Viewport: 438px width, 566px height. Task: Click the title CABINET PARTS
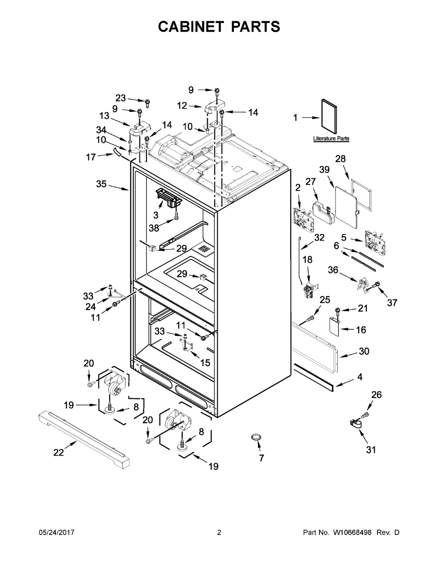(x=219, y=27)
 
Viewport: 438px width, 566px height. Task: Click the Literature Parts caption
(x=331, y=139)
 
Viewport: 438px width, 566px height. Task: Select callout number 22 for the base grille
(x=58, y=452)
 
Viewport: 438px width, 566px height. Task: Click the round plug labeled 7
(x=256, y=438)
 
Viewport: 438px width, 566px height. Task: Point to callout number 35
(x=102, y=184)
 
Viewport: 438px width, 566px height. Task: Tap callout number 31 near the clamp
(x=371, y=449)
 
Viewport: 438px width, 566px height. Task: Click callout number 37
(x=392, y=302)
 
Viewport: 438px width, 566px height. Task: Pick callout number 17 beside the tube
(x=91, y=158)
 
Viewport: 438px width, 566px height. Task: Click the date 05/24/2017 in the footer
(x=56, y=533)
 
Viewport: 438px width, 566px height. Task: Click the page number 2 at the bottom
(x=219, y=533)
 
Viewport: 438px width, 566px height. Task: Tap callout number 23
(x=121, y=98)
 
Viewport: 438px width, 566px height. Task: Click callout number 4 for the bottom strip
(x=360, y=377)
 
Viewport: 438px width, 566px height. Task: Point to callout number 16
(x=361, y=330)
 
